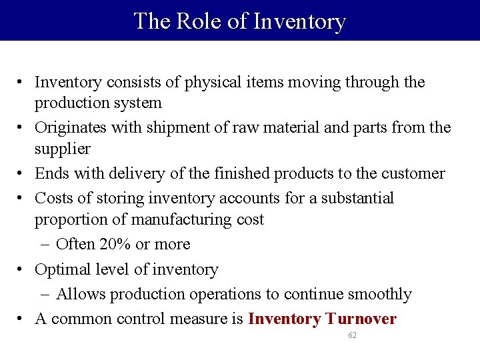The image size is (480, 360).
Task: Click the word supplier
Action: [x=62, y=148]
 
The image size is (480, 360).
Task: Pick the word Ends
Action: [x=50, y=173]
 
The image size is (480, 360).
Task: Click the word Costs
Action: [x=53, y=199]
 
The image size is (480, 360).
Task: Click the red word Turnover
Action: [x=361, y=319]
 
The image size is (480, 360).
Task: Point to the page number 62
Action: [x=352, y=335]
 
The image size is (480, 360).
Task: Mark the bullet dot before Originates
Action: [x=22, y=128]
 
